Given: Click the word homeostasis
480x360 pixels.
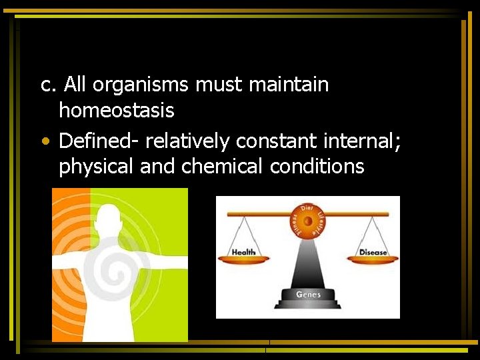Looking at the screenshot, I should pos(116,110).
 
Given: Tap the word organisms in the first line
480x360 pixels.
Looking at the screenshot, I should pos(141,85).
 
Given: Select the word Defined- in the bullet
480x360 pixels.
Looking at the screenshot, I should pos(99,141).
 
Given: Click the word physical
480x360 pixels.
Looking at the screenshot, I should pos(97,166).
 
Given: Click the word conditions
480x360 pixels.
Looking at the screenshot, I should pos(317,166).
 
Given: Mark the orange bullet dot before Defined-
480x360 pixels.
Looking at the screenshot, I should pos(43,142).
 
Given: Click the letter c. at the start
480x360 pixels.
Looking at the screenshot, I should pos(49,85).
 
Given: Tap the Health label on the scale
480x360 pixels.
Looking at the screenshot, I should pos(244,253).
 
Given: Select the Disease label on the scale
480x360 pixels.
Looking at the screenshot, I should pos(373,253).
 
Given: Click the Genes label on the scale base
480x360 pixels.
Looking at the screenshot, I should pos(308,294).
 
